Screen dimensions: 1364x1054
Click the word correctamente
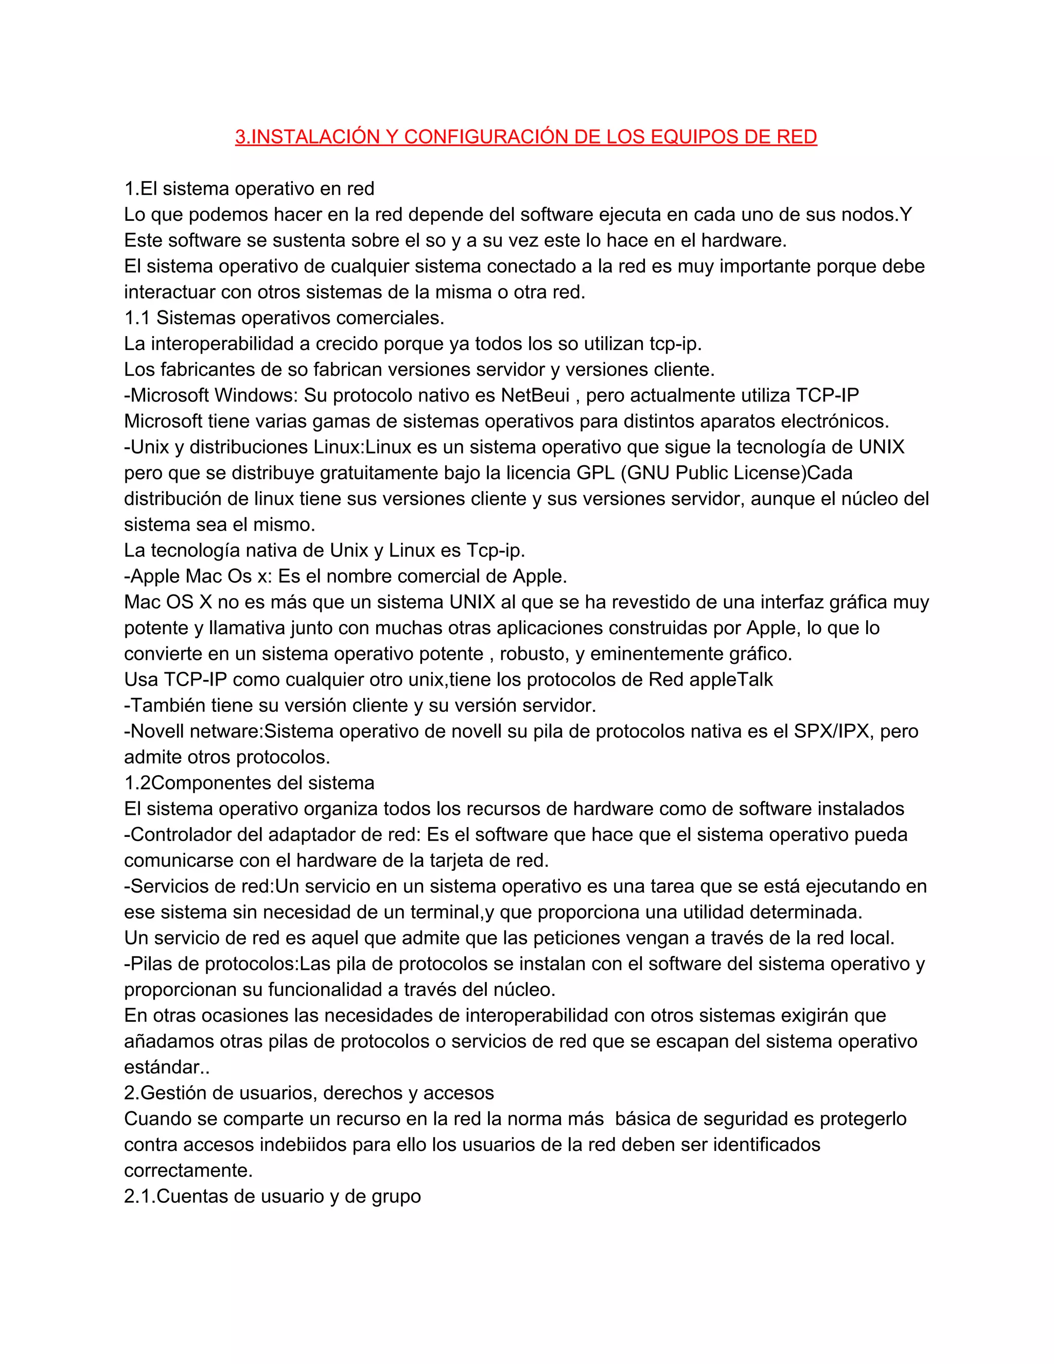pos(187,1170)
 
